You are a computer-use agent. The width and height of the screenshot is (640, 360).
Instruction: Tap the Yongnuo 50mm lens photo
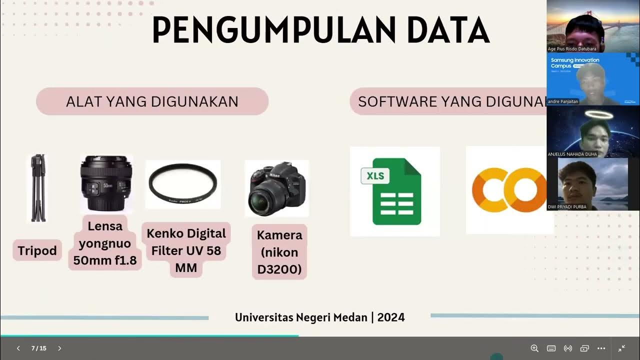(x=105, y=183)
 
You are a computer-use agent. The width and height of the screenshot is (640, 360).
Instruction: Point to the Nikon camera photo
(x=276, y=188)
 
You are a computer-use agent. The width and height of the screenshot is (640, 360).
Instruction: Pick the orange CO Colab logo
(x=509, y=190)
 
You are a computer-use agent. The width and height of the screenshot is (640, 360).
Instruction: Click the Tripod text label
(x=37, y=250)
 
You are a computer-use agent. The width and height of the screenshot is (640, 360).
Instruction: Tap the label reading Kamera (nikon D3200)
(x=279, y=252)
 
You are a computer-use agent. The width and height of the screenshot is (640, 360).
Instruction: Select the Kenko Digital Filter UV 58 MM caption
(x=186, y=250)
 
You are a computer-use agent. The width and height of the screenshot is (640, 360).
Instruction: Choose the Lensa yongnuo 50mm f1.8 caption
(x=105, y=243)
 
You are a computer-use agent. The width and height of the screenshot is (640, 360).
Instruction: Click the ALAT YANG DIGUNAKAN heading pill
(x=152, y=101)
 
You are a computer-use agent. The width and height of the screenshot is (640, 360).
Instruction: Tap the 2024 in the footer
(x=391, y=317)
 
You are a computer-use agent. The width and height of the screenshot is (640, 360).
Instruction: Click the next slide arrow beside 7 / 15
(x=59, y=348)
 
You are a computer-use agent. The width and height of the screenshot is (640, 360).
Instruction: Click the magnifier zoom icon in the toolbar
(x=534, y=348)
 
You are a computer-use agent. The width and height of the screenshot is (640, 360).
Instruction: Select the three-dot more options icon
(x=601, y=348)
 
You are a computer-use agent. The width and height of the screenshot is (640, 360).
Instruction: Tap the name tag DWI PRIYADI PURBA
(x=567, y=207)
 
